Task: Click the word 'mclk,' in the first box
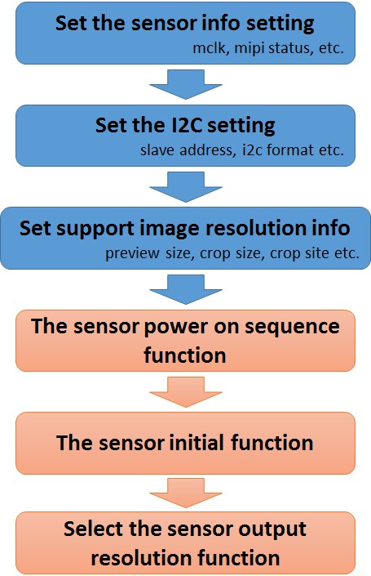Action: pos(209,48)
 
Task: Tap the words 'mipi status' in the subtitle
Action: pos(272,49)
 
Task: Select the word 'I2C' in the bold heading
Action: pos(186,125)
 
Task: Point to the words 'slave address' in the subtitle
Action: pos(186,150)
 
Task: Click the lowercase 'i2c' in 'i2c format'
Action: pos(252,150)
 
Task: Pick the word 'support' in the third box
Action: pos(96,230)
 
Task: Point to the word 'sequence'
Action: pos(292,328)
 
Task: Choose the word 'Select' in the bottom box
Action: pos(94,529)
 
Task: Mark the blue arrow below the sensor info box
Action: pos(186,84)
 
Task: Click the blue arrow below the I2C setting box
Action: pos(186,187)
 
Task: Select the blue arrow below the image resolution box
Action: pos(186,289)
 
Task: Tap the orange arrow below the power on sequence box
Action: pos(186,392)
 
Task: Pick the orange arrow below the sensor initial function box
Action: pos(186,493)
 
